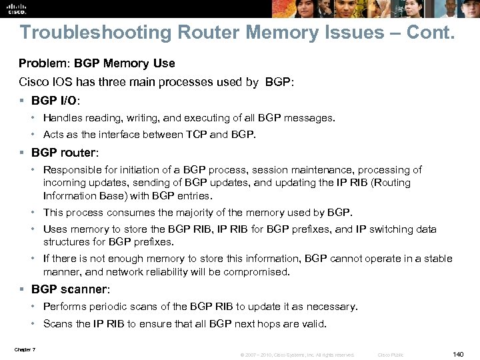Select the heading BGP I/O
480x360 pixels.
tap(55, 100)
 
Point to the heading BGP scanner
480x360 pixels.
tap(69, 289)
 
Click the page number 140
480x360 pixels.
tap(457, 355)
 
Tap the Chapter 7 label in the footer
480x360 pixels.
tap(25, 350)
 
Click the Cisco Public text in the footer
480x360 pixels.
tap(391, 355)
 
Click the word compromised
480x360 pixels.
tap(259, 272)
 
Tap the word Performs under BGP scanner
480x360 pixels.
tap(64, 307)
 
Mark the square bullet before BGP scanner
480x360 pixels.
tap(22, 290)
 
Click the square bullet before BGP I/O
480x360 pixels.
tap(22, 101)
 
